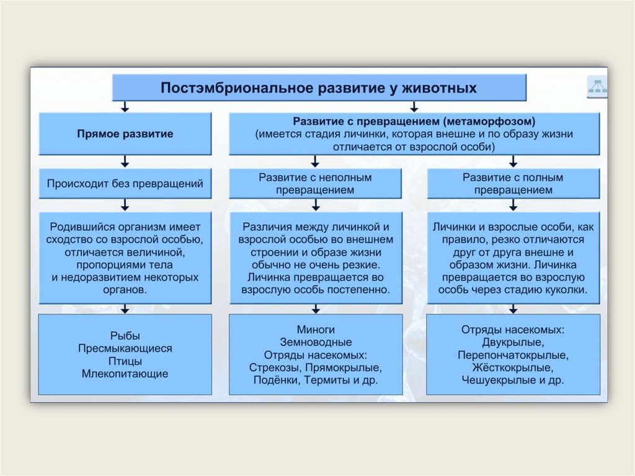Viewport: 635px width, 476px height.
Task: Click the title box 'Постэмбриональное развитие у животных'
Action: point(319,88)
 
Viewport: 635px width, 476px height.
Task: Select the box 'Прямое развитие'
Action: point(125,133)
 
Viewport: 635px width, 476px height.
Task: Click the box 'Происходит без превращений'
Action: point(125,184)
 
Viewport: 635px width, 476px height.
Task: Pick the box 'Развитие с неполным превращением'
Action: point(316,184)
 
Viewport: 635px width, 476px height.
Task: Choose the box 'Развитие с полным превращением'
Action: point(513,184)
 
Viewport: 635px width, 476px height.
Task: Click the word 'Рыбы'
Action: point(125,336)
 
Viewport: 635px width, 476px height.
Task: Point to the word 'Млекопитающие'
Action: point(125,374)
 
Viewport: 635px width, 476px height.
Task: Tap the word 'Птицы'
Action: point(125,361)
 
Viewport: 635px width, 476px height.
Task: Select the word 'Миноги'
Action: point(316,330)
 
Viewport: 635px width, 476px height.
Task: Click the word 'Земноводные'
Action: point(316,342)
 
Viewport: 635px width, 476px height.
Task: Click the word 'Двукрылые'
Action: point(513,342)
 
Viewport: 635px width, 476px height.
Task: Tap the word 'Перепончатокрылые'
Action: point(513,355)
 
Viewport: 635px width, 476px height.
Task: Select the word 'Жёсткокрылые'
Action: point(513,367)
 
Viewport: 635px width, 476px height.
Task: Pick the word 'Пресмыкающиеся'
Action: point(125,349)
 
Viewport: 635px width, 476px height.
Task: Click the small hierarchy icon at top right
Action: point(597,88)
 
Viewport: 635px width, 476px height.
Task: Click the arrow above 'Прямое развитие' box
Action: point(125,106)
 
